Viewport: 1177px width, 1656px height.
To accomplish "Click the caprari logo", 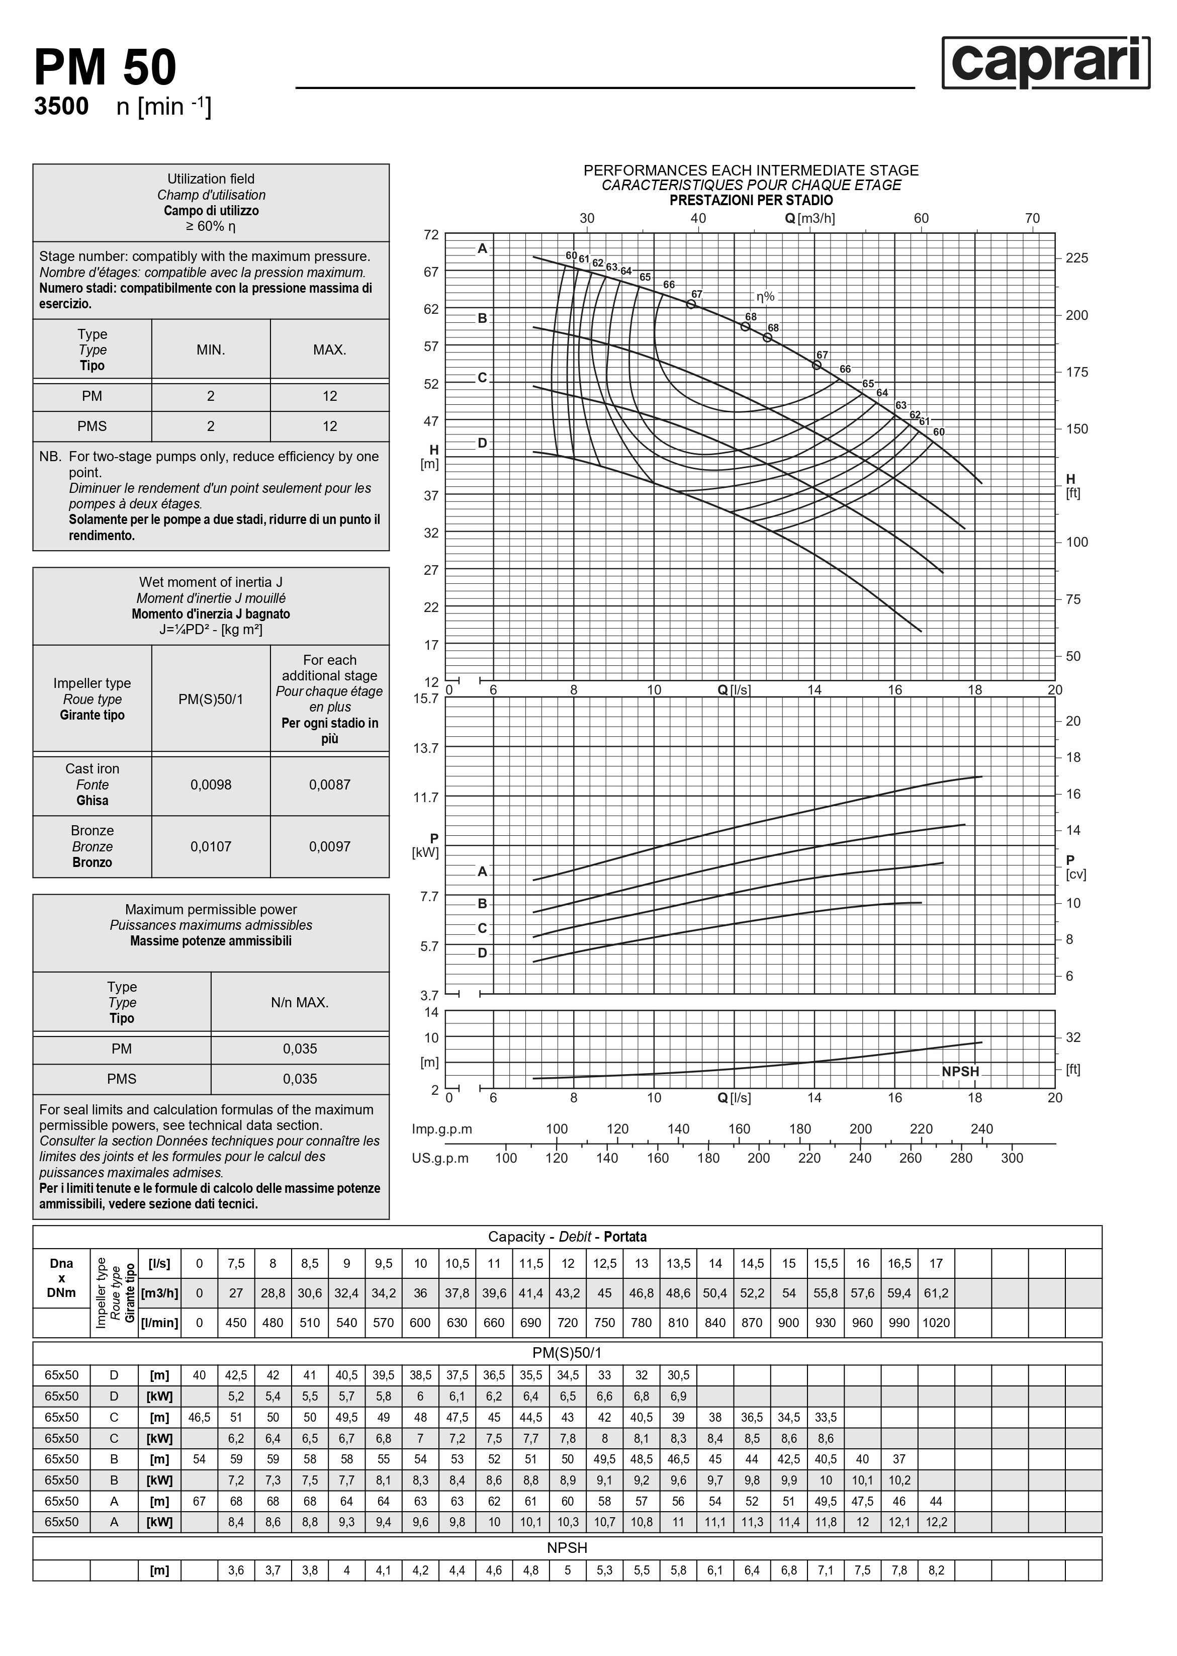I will (x=1045, y=63).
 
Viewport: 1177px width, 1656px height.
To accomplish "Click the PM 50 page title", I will (x=105, y=68).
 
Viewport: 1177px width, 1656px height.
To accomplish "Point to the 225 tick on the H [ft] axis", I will (x=1076, y=258).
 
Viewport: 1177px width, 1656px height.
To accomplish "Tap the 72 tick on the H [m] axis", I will (x=431, y=235).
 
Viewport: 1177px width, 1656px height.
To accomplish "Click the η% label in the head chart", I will (x=765, y=296).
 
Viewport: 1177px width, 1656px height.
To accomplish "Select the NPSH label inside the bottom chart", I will (x=960, y=1071).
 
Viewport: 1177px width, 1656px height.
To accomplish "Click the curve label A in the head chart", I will (x=483, y=248).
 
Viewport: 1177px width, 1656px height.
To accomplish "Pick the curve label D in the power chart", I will (x=483, y=952).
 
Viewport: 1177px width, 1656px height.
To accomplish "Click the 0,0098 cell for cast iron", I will (x=211, y=785).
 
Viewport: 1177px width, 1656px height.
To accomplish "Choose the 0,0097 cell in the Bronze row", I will (x=330, y=846).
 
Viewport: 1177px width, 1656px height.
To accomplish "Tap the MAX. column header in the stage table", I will (x=330, y=350).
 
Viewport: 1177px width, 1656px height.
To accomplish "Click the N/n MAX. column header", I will (x=300, y=1002).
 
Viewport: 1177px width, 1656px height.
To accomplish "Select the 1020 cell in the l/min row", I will (x=936, y=1323).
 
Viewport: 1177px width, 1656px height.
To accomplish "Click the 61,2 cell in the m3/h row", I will (x=936, y=1293).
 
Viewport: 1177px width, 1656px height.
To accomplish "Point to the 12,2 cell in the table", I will (x=936, y=1522).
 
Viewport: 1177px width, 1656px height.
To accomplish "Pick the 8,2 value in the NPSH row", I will (x=936, y=1571).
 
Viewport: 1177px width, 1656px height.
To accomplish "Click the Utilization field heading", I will (x=211, y=179).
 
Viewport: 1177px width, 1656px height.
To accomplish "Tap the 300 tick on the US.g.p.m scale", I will (x=1012, y=1158).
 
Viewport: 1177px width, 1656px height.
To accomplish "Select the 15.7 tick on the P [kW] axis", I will (x=426, y=699).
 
